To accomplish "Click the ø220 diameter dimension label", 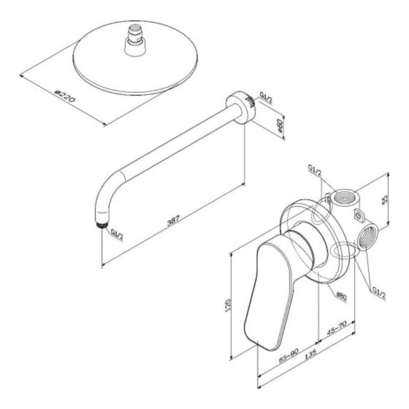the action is click(65, 96).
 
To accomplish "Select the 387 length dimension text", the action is click(173, 220).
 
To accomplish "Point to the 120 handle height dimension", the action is click(228, 305).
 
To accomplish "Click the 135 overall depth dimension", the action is click(310, 354).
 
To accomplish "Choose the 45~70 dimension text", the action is click(337, 328).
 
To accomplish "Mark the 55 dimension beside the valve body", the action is click(385, 199).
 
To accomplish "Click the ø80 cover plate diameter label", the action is click(341, 297).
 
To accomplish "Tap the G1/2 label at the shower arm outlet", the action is click(117, 235).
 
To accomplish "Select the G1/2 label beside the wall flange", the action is click(266, 98).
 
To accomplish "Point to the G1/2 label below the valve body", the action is click(379, 294).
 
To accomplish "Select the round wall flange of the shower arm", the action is click(241, 107).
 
